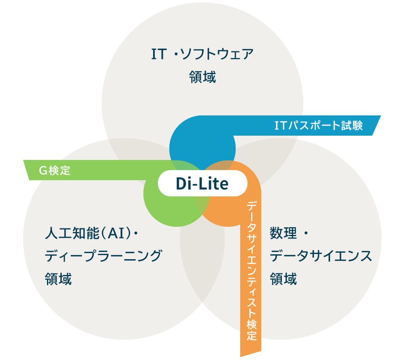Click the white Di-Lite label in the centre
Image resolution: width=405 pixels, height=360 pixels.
click(x=202, y=184)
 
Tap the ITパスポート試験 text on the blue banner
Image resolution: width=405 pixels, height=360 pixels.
click(x=318, y=126)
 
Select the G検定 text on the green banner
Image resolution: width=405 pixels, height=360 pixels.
click(x=55, y=170)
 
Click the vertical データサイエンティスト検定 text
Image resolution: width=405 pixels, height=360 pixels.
click(x=252, y=271)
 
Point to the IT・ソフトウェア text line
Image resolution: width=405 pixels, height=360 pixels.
click(x=202, y=54)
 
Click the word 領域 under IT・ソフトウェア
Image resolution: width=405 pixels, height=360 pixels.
click(x=202, y=77)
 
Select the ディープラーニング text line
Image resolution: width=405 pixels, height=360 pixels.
click(x=103, y=256)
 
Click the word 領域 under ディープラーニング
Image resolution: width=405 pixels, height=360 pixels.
click(x=58, y=279)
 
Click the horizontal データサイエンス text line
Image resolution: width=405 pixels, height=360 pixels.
click(x=321, y=256)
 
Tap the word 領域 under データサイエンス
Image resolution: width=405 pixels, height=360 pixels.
click(x=283, y=279)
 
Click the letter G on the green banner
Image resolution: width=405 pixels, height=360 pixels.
click(x=43, y=170)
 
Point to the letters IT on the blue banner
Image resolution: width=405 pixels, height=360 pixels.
click(x=280, y=126)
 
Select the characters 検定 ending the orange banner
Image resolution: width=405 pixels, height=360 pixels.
click(x=252, y=330)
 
